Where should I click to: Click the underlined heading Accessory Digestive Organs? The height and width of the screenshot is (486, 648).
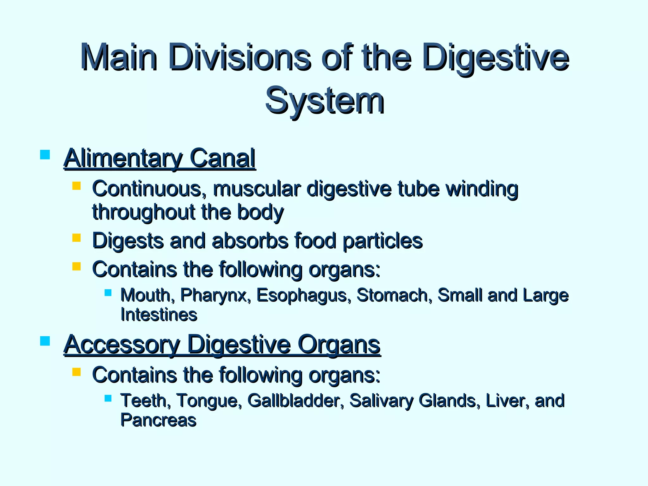(222, 345)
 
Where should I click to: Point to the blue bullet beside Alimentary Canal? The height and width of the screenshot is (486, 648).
(45, 155)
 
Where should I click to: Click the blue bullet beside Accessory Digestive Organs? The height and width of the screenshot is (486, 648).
(45, 341)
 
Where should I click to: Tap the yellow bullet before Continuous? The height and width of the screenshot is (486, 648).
(76, 185)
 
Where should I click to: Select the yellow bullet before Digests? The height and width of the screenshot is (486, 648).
(76, 238)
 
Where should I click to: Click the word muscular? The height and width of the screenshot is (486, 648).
(256, 189)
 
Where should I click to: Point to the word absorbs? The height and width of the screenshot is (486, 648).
(250, 241)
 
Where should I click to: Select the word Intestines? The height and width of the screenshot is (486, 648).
(159, 315)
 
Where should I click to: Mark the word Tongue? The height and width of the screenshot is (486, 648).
(209, 401)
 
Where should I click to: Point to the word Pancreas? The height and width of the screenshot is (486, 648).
(158, 420)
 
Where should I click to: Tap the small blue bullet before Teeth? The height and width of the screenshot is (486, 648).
(108, 398)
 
